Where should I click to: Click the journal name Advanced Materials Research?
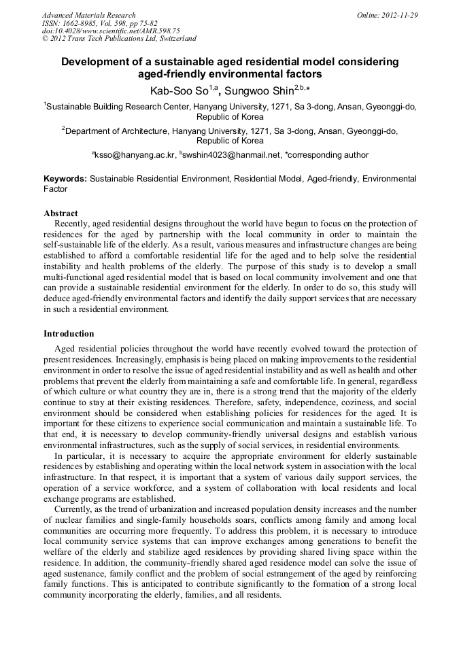pyautogui.click(x=88, y=14)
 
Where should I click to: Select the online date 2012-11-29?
pyautogui.click(x=400, y=14)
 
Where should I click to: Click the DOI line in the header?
pyautogui.click(x=111, y=31)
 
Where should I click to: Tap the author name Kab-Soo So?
pyautogui.click(x=179, y=90)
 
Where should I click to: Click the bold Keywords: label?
pyautogui.click(x=65, y=179)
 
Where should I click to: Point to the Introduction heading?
pyautogui.click(x=69, y=334)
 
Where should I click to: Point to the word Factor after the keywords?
pyautogui.click(x=56, y=189)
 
